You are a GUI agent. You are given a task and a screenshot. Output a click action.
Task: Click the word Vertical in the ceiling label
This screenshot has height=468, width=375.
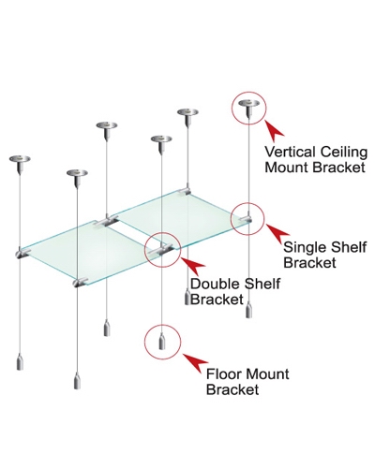tap(290, 152)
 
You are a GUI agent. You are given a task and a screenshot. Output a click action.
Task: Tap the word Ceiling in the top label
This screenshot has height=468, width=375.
tap(343, 153)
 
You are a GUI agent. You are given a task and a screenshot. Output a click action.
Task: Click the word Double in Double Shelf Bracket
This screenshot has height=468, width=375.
tap(215, 284)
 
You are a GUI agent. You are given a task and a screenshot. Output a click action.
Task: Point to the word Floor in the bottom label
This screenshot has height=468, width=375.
tap(221, 374)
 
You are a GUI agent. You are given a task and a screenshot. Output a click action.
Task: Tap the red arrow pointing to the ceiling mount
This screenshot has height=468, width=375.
tap(275, 128)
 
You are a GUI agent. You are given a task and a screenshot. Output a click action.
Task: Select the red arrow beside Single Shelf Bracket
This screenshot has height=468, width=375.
tap(278, 233)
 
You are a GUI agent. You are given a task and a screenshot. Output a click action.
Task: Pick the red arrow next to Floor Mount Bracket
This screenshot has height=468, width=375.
tap(196, 362)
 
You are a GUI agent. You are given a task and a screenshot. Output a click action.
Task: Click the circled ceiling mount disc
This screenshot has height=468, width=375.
tap(248, 105)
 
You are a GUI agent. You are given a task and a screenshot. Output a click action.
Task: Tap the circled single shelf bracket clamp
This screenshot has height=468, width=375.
tap(247, 219)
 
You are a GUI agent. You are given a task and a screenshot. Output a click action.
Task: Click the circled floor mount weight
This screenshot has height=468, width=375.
tap(162, 342)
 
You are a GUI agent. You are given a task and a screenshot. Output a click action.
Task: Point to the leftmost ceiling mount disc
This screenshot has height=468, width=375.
tap(20, 160)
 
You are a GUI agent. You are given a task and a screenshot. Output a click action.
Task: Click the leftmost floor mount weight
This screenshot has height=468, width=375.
tap(20, 361)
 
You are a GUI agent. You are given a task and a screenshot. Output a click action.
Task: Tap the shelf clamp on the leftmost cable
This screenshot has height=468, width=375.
tap(22, 254)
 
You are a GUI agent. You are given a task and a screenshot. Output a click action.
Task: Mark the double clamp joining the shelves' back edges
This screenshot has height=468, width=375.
tap(107, 221)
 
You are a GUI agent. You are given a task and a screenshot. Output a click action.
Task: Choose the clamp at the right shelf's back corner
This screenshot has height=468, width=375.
tap(187, 191)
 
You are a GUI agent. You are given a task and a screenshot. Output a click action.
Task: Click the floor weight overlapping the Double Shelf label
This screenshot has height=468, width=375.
tap(187, 299)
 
